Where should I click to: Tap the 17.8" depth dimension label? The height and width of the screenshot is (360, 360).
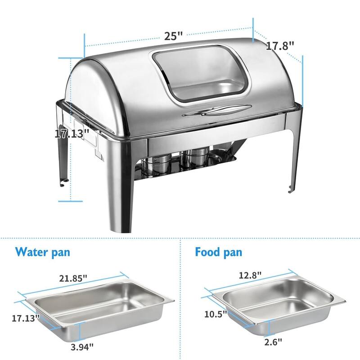tap(279, 45)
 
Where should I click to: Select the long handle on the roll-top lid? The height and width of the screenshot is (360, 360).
tap(217, 110)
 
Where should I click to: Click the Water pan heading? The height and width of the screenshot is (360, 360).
tap(42, 252)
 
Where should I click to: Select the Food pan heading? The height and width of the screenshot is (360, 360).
tap(218, 252)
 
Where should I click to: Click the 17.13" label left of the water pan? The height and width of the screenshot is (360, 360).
tap(26, 317)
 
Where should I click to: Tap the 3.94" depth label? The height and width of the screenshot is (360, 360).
tap(81, 346)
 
